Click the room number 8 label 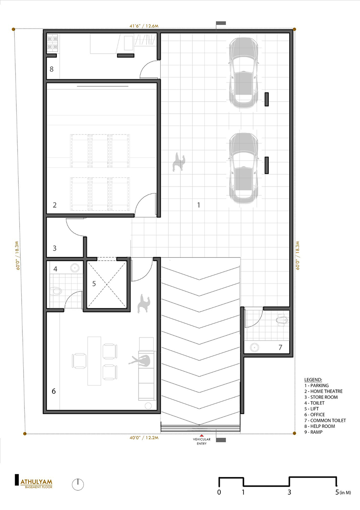[52, 69]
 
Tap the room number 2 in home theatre [55, 205]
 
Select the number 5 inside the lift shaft [94, 283]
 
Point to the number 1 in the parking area [198, 205]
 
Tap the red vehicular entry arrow [202, 435]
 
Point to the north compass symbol [78, 484]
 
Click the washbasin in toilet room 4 [74, 267]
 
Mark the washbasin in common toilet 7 [254, 346]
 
